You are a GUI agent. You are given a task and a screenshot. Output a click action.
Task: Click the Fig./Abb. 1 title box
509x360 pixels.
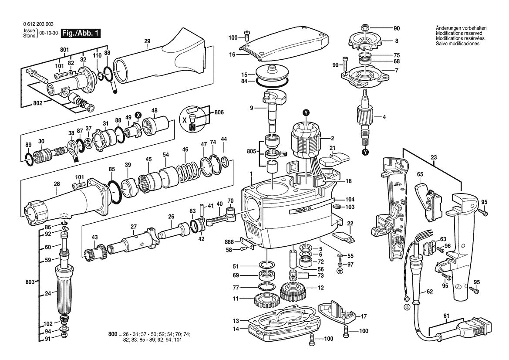(81, 34)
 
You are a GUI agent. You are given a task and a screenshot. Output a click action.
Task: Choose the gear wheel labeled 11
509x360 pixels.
(265, 300)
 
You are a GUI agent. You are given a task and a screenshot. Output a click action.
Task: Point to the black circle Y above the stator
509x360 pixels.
(306, 113)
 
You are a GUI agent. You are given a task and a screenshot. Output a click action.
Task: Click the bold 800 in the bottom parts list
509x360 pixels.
(112, 334)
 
